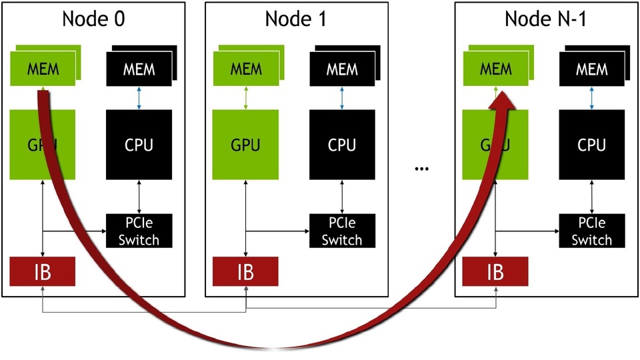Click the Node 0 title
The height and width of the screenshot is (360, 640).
pyautogui.click(x=93, y=19)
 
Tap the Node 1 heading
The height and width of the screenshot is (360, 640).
pyautogui.click(x=296, y=19)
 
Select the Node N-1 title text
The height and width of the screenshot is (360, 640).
pyautogui.click(x=545, y=19)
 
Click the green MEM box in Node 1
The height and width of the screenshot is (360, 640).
pyautogui.click(x=244, y=69)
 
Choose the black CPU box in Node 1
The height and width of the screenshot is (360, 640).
pyautogui.click(x=342, y=144)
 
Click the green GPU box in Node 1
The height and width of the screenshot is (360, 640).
pyautogui.click(x=245, y=144)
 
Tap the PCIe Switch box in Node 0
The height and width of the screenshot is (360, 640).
pyautogui.click(x=139, y=230)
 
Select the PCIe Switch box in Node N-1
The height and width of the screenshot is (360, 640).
pyautogui.click(x=592, y=230)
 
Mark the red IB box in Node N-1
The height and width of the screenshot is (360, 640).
pyautogui.click(x=495, y=272)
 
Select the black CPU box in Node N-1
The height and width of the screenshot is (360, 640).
pyautogui.click(x=592, y=144)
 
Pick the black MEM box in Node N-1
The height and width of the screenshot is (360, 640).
pyautogui.click(x=592, y=69)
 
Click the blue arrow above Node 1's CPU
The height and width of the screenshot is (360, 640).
pyautogui.click(x=342, y=97)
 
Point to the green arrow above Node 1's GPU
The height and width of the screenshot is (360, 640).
pyautogui.click(x=245, y=97)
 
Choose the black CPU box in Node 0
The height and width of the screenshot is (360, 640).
pyautogui.click(x=139, y=144)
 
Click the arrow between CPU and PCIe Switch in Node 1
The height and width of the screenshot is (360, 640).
pyautogui.click(x=342, y=196)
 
